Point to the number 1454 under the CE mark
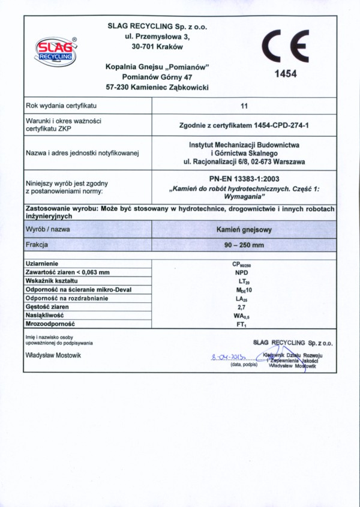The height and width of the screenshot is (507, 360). (286, 75)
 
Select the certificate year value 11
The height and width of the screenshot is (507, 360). (244, 106)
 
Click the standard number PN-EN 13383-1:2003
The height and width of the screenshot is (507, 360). (244, 178)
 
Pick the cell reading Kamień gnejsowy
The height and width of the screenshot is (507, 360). (244, 229)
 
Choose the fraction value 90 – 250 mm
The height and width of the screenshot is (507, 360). (244, 244)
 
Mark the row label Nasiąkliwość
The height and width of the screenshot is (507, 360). (45, 315)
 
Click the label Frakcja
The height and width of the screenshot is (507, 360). (37, 244)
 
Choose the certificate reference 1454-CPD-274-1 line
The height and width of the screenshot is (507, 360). (244, 125)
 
